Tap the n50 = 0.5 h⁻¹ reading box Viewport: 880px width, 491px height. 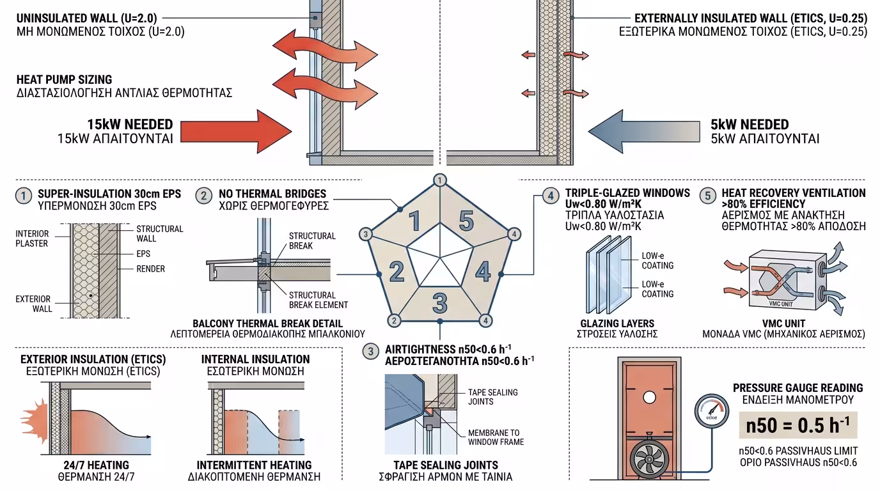(x=797, y=425)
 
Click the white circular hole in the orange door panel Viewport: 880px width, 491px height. (x=649, y=397)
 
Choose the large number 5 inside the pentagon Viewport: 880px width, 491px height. (x=466, y=221)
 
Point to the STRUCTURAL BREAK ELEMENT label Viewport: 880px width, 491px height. (x=318, y=300)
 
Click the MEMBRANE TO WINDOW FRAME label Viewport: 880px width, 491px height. (x=496, y=437)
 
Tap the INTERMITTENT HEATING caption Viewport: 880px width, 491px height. (x=254, y=465)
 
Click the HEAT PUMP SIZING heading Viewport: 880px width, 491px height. (x=64, y=80)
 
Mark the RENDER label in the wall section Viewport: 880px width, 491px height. (x=150, y=269)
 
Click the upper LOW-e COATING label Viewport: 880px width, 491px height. (x=657, y=261)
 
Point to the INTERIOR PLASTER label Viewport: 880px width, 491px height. (x=32, y=238)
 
